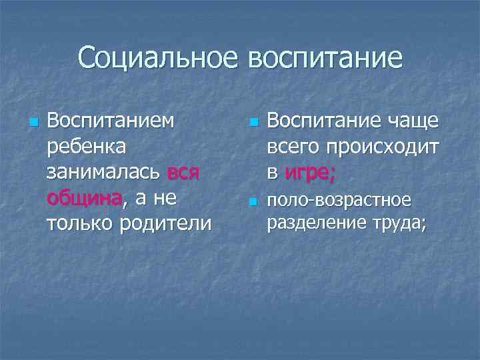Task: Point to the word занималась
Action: (103, 172)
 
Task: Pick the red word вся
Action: (183, 172)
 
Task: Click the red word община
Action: (85, 198)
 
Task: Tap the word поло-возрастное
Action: (339, 200)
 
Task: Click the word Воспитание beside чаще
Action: (323, 121)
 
